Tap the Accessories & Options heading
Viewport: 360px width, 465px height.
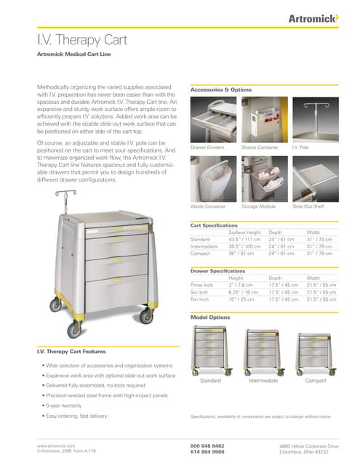tap(220, 89)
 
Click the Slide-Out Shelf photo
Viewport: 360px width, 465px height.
tap(313, 178)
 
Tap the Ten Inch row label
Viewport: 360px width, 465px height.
tap(201, 299)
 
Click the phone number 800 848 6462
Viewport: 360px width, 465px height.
tap(207, 445)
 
